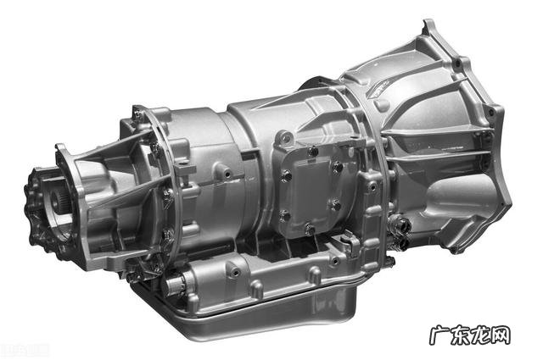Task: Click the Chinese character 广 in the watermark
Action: (439, 335)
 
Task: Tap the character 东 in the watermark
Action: (460, 335)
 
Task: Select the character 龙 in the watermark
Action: (480, 335)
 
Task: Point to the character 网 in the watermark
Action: (501, 335)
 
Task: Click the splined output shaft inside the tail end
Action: (57, 202)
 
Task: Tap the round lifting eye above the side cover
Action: (285, 137)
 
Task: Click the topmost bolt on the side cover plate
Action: (313, 151)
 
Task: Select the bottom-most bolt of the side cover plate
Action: (310, 228)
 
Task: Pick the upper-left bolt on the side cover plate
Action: (287, 175)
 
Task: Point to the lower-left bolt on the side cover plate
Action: (285, 216)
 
